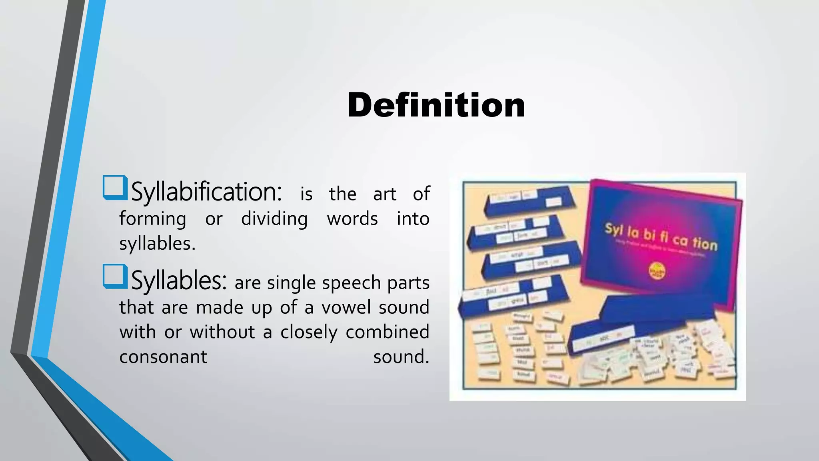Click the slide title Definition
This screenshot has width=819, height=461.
(436, 105)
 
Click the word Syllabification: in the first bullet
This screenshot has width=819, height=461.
(206, 192)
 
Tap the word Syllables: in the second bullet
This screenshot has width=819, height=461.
(179, 281)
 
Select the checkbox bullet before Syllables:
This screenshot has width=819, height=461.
(115, 276)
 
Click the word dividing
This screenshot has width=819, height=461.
(274, 219)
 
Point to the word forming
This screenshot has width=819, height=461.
(152, 219)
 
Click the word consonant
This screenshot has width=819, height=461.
(163, 357)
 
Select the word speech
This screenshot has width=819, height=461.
(351, 283)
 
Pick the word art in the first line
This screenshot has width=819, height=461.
(384, 194)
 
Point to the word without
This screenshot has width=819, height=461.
(222, 332)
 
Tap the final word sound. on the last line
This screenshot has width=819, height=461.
(401, 357)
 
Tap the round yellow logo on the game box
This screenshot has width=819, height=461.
(657, 271)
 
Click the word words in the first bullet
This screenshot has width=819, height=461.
(352, 219)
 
